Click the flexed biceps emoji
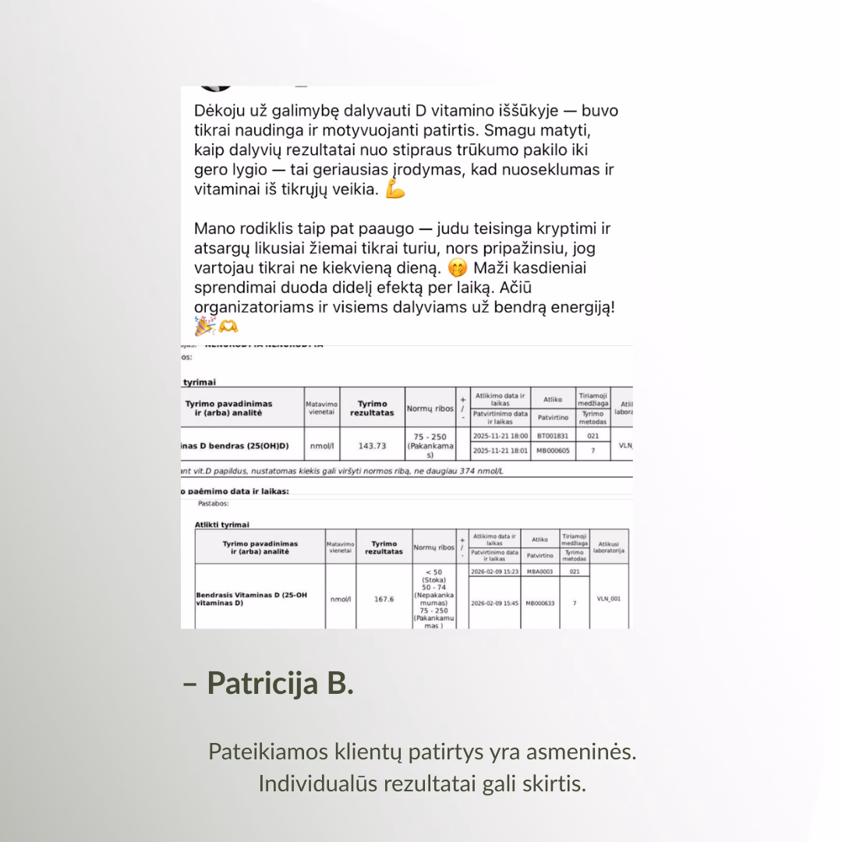[396, 189]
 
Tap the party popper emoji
[203, 327]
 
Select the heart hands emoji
[228, 327]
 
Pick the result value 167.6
[384, 600]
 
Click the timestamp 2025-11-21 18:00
[501, 436]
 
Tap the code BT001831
[553, 436]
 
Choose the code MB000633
[540, 603]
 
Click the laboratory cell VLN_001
[608, 599]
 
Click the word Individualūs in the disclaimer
[317, 783]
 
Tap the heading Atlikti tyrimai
[222, 525]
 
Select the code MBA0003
[540, 571]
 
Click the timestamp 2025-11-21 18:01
[501, 451]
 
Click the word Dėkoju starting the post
[222, 111]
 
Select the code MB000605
[553, 451]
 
